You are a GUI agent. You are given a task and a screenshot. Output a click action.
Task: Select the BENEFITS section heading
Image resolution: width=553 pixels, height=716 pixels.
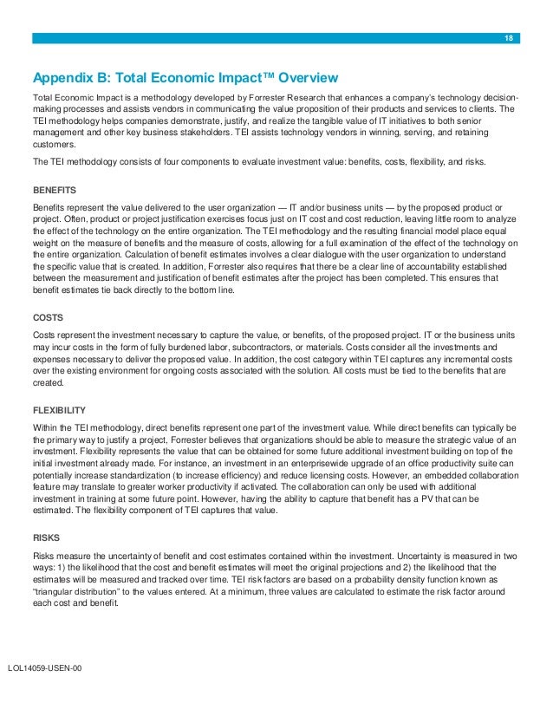point(55,189)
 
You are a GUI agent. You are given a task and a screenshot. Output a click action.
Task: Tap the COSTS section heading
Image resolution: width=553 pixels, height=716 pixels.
point(47,317)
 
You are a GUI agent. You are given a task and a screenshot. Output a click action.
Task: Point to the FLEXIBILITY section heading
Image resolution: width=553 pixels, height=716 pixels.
point(59,410)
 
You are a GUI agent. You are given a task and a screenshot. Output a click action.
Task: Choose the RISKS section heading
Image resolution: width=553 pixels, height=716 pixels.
point(45,537)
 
